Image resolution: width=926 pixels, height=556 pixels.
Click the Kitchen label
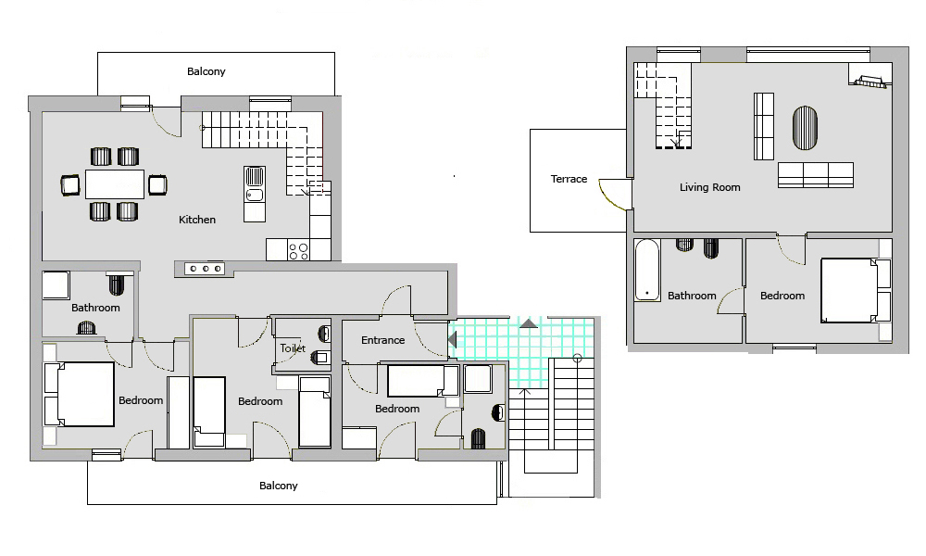point(197,220)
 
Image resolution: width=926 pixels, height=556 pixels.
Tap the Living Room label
point(709,187)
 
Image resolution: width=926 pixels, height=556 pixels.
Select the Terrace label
point(569,179)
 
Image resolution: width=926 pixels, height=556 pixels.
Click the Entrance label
point(382,340)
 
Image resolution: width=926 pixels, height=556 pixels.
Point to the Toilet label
point(293,348)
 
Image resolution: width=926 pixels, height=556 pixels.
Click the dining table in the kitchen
point(115,184)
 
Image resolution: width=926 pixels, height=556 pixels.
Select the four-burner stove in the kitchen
point(298,250)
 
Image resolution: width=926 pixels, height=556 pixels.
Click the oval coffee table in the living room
point(805,128)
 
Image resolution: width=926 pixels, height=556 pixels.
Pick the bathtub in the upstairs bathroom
point(647,270)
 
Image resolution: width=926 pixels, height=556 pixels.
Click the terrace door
point(612,195)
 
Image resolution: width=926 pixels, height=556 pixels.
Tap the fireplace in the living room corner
point(869,81)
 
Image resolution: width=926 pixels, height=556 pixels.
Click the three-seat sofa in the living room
point(816,175)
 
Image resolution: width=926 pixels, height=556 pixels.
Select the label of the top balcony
point(206,71)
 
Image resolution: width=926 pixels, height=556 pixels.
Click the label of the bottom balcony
point(278,486)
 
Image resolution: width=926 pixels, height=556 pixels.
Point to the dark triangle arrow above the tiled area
point(529,323)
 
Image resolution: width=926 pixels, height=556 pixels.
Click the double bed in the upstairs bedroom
point(849,290)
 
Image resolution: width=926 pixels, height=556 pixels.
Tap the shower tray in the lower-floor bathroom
point(56,285)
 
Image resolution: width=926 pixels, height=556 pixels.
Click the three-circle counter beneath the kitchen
point(205,269)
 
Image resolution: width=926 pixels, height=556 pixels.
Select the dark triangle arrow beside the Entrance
point(453,340)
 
